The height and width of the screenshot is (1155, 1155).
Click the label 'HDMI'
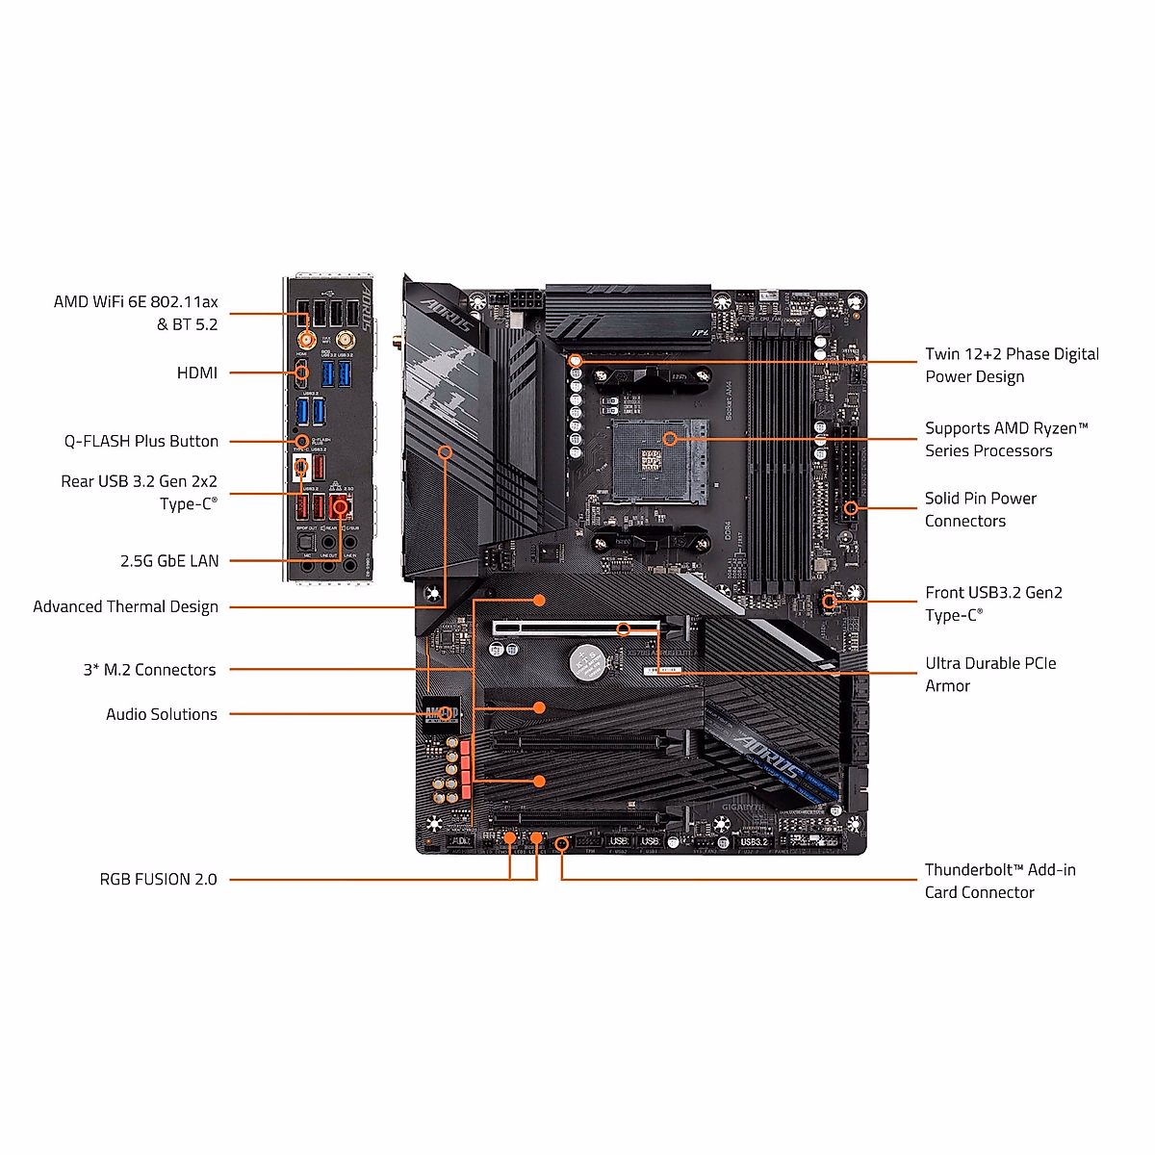[196, 372]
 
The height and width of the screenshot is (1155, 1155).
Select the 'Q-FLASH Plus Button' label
[141, 441]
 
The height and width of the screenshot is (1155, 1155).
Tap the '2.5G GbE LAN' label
[169, 560]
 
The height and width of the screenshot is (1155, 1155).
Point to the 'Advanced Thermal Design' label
[125, 606]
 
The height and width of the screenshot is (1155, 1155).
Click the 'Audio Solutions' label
[162, 714]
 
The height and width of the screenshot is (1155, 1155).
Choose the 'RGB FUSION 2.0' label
[159, 879]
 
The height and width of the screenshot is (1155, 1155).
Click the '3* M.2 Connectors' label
[149, 670]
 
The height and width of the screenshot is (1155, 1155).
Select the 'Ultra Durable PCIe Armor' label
[990, 675]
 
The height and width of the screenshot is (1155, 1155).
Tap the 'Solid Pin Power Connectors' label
[981, 509]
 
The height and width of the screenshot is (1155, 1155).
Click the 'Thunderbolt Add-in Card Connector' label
[1000, 881]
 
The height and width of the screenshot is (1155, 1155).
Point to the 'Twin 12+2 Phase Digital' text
[1012, 354]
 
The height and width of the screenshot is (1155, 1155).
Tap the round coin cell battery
[585, 661]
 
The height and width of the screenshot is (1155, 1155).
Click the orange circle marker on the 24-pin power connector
[850, 507]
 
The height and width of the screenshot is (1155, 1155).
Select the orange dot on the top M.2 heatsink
[540, 600]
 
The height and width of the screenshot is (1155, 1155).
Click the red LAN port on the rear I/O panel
[340, 505]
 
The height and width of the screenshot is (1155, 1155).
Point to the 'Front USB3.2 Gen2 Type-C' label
[993, 603]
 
